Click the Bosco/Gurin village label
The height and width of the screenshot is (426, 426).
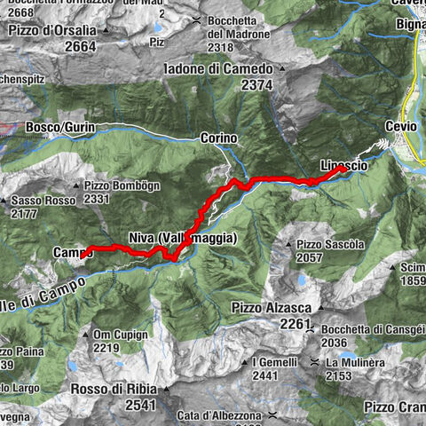click(59, 128)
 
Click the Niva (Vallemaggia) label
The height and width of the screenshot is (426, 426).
click(182, 239)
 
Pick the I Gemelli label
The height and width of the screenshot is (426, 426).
click(275, 362)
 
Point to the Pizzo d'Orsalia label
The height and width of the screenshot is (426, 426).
click(59, 31)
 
